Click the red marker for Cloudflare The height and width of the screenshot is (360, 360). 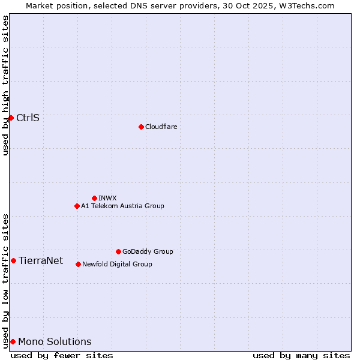tap(141, 127)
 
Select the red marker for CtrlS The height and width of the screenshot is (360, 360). tap(11, 118)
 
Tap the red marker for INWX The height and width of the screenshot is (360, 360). tap(94, 198)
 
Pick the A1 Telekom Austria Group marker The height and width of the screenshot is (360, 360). tap(77, 206)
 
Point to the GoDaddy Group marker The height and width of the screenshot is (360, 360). tap(118, 251)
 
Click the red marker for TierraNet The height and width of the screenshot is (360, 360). tap(13, 260)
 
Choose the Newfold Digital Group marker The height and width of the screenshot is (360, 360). tap(78, 264)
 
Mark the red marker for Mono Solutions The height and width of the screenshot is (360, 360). tap(13, 341)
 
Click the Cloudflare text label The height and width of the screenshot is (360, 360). tap(161, 127)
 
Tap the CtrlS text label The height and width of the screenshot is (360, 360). tap(28, 118)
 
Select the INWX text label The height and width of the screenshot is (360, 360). tap(107, 198)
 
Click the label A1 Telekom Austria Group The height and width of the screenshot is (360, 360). tap(122, 206)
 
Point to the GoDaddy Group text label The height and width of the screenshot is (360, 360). tap(148, 251)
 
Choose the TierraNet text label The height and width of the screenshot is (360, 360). tap(41, 260)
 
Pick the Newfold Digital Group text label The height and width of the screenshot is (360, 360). tap(117, 264)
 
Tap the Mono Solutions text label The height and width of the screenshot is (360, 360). tap(55, 341)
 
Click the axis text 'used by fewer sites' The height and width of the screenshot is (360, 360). tap(62, 355)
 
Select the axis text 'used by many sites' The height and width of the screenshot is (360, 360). tap(301, 355)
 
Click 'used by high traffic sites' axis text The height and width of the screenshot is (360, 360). tap(6, 85)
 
